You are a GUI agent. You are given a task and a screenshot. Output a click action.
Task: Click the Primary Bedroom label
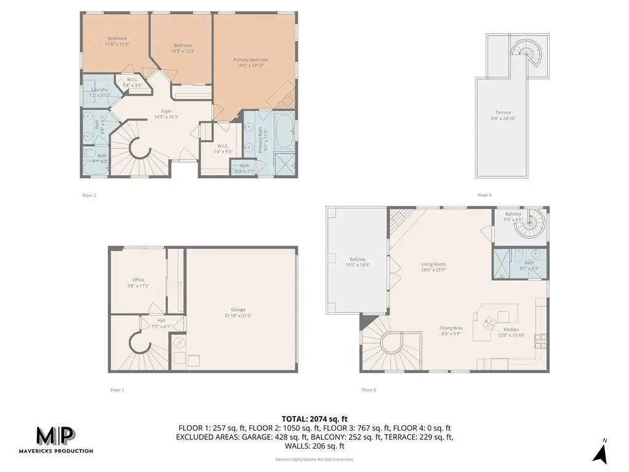(x=251, y=60)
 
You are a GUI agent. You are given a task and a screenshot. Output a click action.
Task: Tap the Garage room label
(x=238, y=310)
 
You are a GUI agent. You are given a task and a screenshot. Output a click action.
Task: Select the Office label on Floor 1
(x=138, y=280)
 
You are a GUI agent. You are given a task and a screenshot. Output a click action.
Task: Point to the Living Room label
(x=433, y=264)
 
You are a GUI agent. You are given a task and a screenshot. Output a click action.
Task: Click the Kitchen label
(x=512, y=330)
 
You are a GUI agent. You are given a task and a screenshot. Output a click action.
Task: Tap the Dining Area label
(x=451, y=328)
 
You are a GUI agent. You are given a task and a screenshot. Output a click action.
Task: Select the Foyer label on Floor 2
(x=166, y=111)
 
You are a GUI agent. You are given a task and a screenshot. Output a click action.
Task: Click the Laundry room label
(x=100, y=90)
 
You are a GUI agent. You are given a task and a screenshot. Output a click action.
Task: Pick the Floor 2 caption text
(x=90, y=195)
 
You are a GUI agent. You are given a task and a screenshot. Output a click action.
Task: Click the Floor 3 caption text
(x=369, y=390)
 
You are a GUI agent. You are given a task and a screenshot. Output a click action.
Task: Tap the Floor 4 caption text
(x=485, y=195)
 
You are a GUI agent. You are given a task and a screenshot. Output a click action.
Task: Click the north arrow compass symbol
(x=600, y=452)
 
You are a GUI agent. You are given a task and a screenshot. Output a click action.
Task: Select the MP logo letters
(x=55, y=436)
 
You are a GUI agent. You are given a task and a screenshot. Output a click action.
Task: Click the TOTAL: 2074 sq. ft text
(x=314, y=419)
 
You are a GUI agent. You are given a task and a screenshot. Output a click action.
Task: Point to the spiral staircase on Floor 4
(x=525, y=53)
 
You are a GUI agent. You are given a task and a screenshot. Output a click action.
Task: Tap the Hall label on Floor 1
(x=161, y=320)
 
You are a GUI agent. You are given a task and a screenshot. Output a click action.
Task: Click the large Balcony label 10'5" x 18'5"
(x=357, y=259)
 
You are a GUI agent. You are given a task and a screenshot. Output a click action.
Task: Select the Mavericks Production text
(x=64, y=451)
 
